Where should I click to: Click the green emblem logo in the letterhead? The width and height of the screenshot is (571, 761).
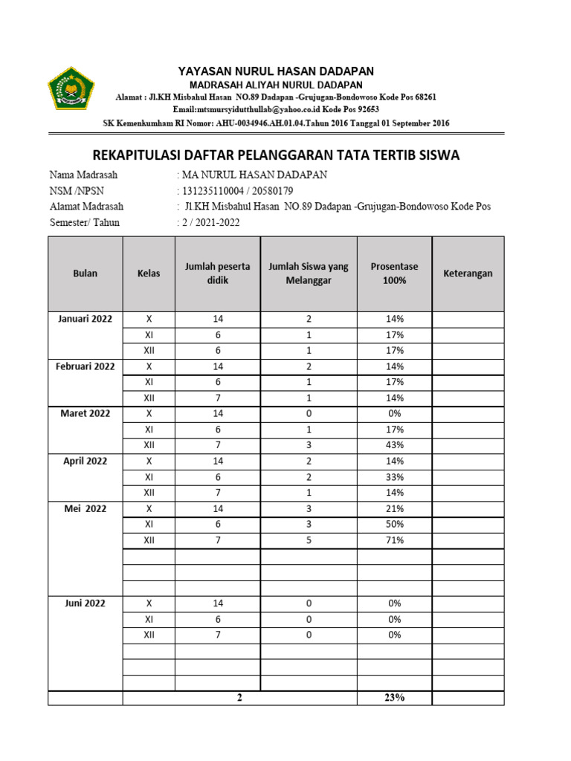point(72,88)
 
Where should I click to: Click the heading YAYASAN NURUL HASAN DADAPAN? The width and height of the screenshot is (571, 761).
point(276,71)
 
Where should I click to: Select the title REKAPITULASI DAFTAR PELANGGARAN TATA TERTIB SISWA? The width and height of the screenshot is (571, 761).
point(276,155)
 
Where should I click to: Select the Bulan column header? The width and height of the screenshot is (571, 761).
point(86,273)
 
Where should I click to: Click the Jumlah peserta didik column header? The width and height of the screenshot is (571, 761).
point(218,273)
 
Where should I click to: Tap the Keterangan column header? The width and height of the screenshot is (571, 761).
point(468,273)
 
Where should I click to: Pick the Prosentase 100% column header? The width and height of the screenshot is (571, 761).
point(394,273)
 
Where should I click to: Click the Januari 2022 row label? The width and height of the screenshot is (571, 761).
point(86,319)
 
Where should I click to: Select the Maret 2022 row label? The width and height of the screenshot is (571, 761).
point(86,413)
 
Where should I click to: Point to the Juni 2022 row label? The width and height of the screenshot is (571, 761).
point(86,603)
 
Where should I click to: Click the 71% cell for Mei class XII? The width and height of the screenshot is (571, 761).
point(394,540)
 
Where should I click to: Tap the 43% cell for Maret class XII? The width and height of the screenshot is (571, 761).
point(394,445)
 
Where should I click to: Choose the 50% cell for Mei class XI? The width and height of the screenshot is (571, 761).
point(394,525)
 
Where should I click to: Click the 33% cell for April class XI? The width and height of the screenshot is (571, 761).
point(394,477)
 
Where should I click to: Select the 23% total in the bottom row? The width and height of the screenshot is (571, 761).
point(394,698)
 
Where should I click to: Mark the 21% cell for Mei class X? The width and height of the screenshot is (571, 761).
point(394,509)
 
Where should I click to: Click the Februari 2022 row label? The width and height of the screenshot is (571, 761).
point(86,366)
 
